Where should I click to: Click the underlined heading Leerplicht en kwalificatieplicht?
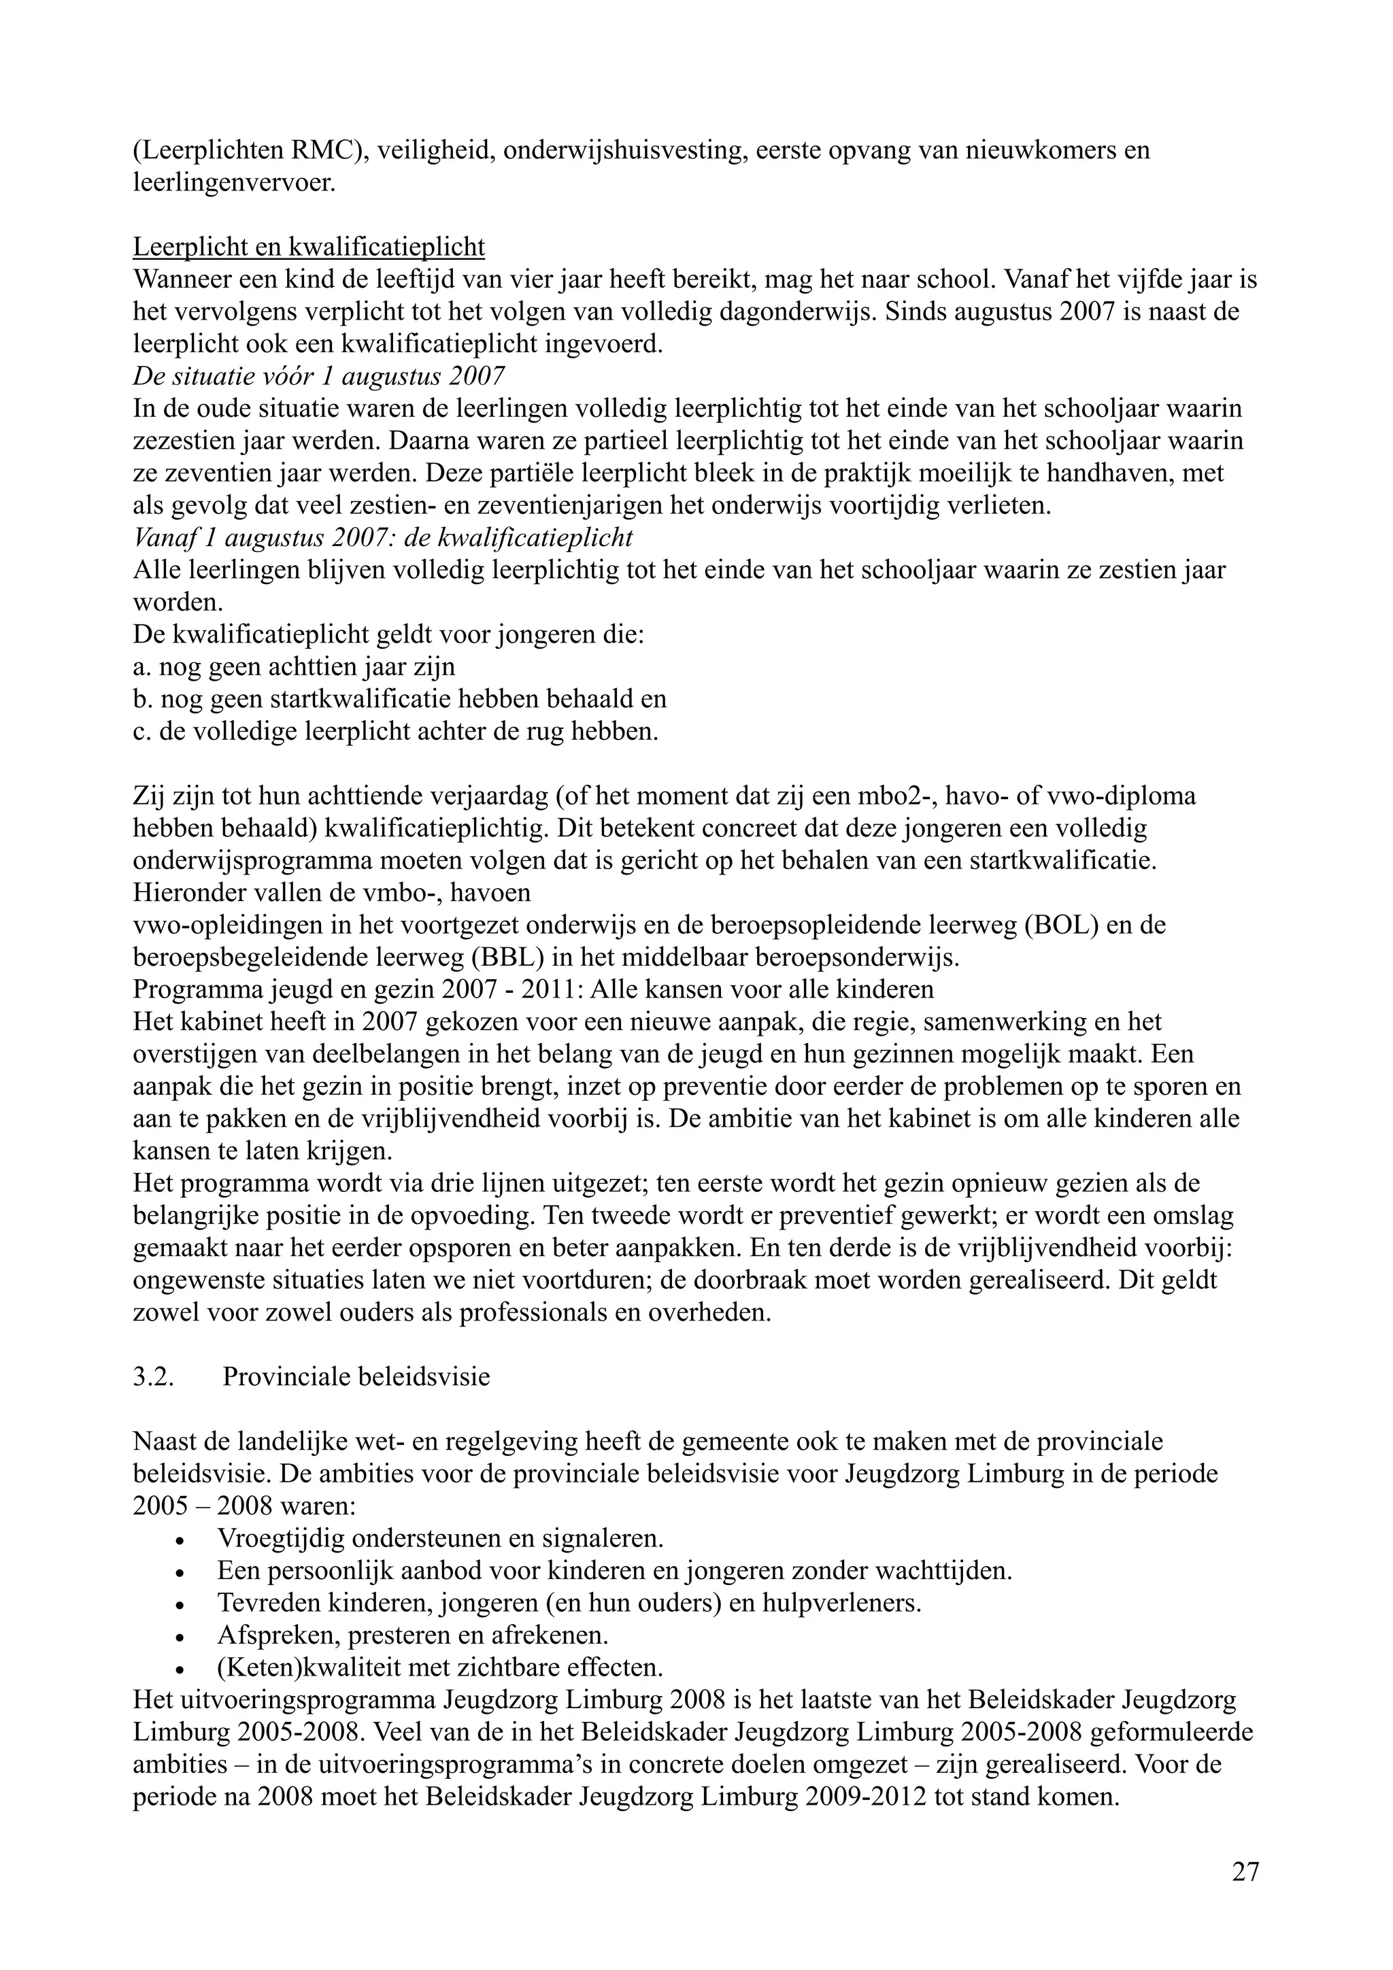coord(309,248)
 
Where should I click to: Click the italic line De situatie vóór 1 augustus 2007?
coord(318,377)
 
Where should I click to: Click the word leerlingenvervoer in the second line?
coord(233,184)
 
